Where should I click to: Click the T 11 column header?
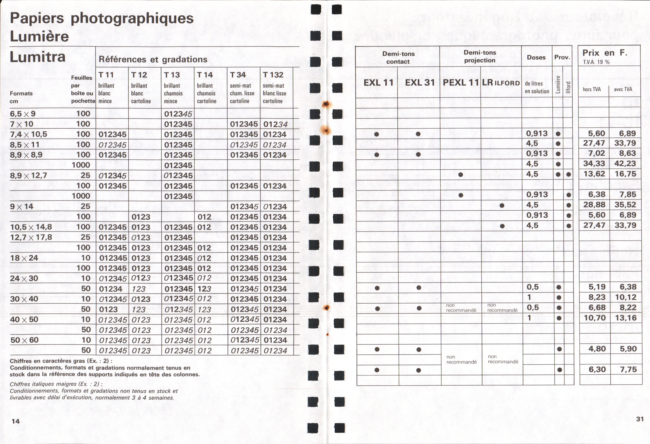click(106, 75)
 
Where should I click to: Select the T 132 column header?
click(273, 75)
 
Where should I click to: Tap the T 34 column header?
click(238, 75)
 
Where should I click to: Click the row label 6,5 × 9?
click(23, 114)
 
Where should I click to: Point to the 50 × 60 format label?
click(24, 340)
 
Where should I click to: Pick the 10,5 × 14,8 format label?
click(31, 227)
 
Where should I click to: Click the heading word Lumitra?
click(38, 57)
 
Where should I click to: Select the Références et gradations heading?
click(153, 59)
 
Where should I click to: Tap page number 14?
click(16, 421)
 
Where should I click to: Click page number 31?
click(640, 419)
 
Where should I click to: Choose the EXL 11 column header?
click(378, 83)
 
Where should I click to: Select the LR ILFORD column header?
click(501, 83)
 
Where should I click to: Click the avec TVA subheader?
click(623, 89)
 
